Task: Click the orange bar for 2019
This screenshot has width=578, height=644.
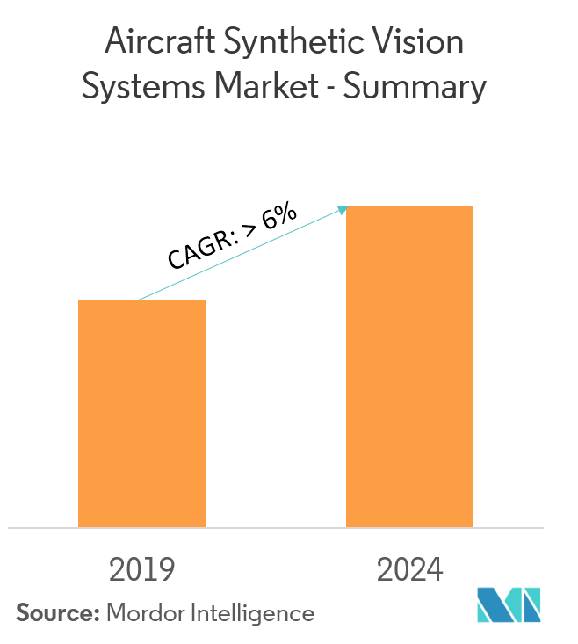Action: coord(141,413)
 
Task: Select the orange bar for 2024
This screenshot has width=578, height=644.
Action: coord(409,365)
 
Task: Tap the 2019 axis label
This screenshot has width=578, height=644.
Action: coord(141,569)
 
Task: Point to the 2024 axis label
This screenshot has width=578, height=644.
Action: coord(410,569)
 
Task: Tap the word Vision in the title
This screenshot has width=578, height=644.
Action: coord(419,42)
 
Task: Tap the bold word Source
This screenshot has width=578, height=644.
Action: coord(54,612)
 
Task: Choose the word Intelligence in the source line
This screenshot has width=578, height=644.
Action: coord(253,613)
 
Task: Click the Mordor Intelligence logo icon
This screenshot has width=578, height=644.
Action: coord(509,604)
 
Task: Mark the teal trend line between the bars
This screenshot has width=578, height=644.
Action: coord(242,254)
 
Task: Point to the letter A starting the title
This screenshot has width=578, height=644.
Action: coord(116,42)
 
